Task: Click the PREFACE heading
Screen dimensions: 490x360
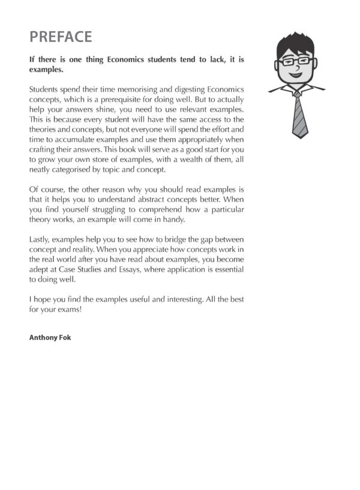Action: point(61,37)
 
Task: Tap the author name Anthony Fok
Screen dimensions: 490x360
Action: point(50,338)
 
